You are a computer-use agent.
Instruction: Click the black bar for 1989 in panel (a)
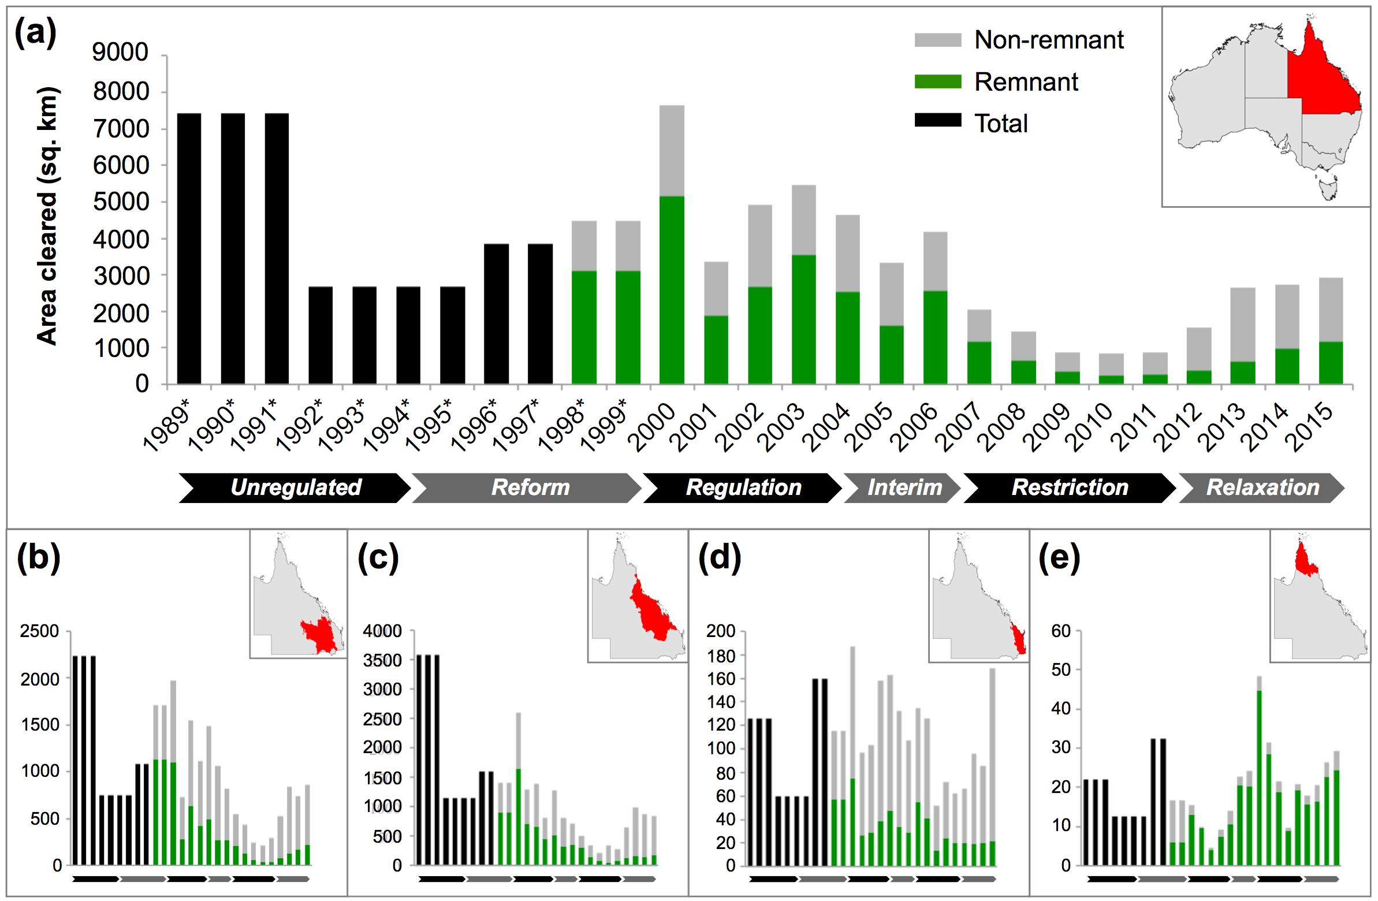(189, 249)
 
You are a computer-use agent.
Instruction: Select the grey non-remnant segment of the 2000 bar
(672, 151)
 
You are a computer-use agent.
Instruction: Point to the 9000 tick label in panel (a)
(121, 52)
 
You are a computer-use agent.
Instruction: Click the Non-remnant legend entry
(1048, 40)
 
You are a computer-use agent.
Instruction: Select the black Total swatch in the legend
(937, 121)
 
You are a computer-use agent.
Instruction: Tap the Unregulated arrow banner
(295, 487)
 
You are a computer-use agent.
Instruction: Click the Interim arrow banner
(904, 487)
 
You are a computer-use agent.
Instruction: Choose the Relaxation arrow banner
(1262, 487)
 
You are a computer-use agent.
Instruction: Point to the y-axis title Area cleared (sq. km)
(47, 215)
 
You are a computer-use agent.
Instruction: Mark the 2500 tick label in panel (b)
(39, 631)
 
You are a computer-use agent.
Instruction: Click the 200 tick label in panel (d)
(721, 631)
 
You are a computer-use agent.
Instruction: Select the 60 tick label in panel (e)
(1061, 631)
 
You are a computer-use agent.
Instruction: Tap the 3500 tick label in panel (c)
(382, 660)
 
